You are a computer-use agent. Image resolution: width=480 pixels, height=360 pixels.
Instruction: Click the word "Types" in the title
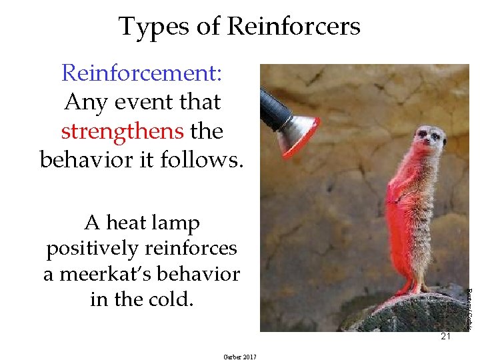[x=149, y=27]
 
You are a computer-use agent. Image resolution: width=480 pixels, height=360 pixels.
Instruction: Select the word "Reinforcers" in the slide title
[x=293, y=27]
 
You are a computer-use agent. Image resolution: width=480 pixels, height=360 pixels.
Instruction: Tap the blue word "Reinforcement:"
[x=141, y=73]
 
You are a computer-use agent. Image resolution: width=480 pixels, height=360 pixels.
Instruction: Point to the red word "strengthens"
[x=122, y=131]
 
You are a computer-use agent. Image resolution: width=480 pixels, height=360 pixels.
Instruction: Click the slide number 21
[x=445, y=337]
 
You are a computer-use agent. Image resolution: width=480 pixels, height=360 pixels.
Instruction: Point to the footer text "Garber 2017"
[x=240, y=357]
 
